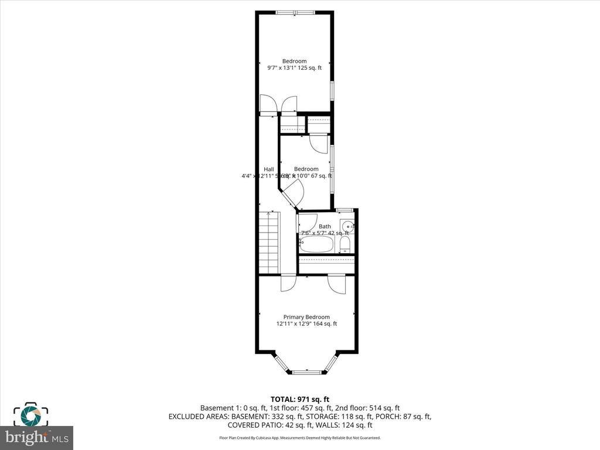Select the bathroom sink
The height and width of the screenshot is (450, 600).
[x=348, y=227]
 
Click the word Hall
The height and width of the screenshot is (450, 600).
[x=268, y=169]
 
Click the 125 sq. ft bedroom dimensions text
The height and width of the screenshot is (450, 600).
[x=294, y=68]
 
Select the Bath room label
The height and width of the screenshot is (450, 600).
[x=325, y=226]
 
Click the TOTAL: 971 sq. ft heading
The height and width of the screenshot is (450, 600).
[x=304, y=399]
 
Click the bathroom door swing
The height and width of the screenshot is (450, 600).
[x=306, y=221]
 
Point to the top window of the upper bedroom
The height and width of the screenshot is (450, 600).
[x=295, y=12]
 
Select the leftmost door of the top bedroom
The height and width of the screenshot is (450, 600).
[x=267, y=104]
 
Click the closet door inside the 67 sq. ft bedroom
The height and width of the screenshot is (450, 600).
[x=319, y=143]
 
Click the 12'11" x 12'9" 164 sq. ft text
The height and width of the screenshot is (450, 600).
[x=306, y=324]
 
